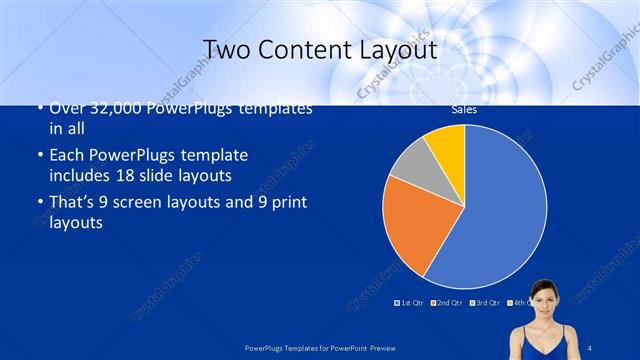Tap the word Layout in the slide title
point(397,49)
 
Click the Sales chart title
point(464,110)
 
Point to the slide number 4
point(590,347)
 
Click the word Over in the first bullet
point(65,109)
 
